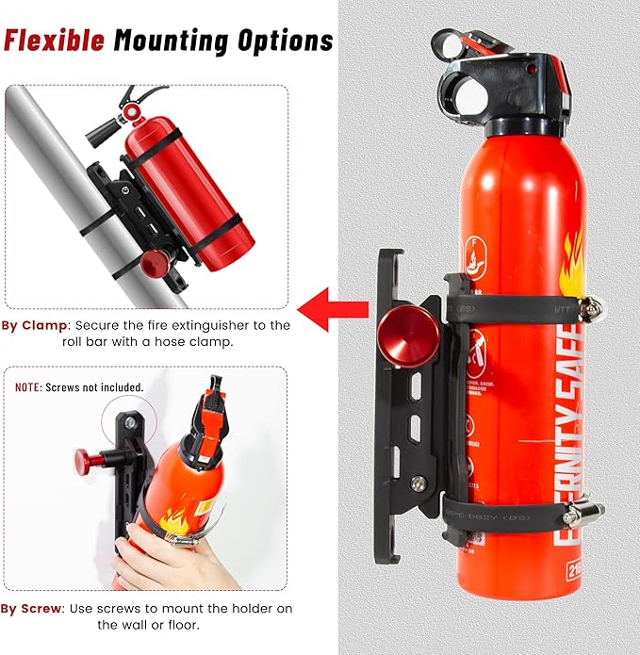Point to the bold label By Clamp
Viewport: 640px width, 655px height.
coord(34,325)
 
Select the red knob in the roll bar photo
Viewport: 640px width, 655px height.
coord(153,261)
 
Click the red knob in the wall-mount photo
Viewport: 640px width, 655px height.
coord(90,461)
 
